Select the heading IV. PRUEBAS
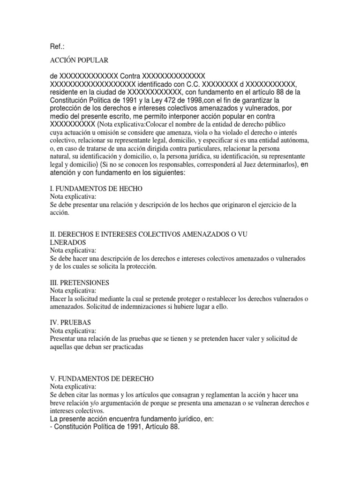coord(70,323)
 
